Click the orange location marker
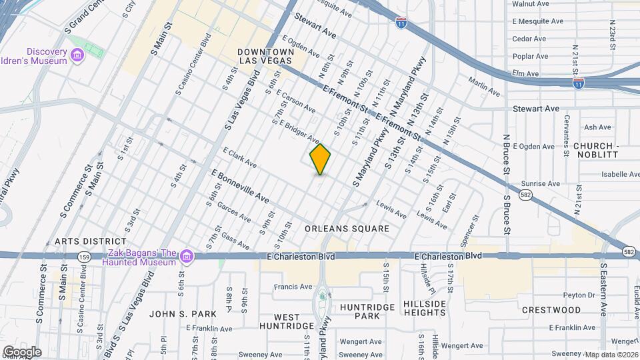coord(321,159)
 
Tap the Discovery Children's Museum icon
coord(77,54)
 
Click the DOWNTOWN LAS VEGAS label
coord(267,56)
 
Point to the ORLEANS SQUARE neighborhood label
coord(347,229)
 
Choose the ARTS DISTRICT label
coord(91,241)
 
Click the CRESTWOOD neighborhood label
coord(551,310)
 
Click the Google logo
coord(22,351)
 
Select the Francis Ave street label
coord(293,287)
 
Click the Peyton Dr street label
coord(578,295)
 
